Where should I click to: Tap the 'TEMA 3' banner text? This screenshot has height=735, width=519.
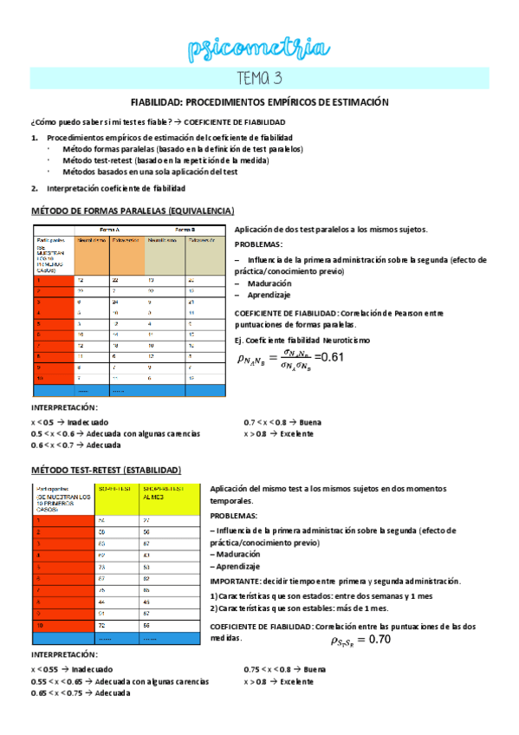(259, 79)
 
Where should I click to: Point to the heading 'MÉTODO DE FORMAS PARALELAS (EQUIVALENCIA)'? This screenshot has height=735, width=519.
(132, 211)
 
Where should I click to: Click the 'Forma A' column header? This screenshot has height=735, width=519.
(110, 230)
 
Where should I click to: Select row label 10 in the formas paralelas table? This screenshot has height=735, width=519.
(41, 378)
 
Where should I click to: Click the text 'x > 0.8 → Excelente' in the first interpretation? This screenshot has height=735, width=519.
(278, 433)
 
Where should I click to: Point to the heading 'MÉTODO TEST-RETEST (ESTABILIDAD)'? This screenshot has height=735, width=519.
(107, 470)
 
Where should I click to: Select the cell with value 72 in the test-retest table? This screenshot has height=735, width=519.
(101, 624)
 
